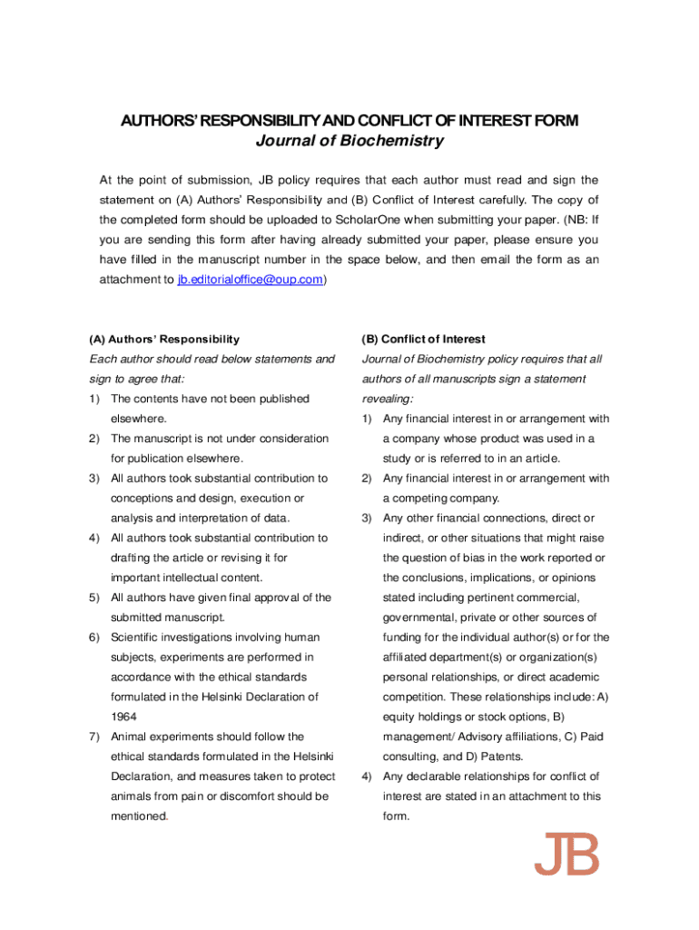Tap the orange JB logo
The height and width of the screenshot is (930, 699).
(x=566, y=855)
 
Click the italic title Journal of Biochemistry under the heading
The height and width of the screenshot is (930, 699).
(x=349, y=141)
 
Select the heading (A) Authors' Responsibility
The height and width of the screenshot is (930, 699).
(x=164, y=339)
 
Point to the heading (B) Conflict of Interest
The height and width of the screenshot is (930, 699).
(x=423, y=339)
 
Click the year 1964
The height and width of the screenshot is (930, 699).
(x=124, y=717)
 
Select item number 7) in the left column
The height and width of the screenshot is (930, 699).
(x=94, y=737)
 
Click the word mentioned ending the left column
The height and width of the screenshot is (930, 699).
(x=139, y=816)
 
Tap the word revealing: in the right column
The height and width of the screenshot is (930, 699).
(x=388, y=399)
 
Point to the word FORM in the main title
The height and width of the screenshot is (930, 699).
(x=556, y=121)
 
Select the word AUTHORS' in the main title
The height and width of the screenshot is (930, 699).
(x=156, y=121)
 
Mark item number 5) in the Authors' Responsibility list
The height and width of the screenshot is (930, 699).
(x=94, y=598)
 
